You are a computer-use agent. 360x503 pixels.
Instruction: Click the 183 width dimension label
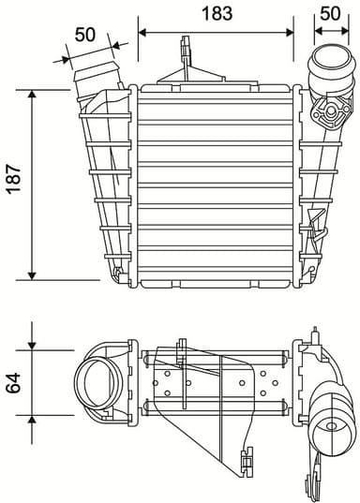coord(217,13)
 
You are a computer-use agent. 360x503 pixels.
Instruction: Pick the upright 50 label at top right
coord(329,13)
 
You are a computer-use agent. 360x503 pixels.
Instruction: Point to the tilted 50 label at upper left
coord(85,35)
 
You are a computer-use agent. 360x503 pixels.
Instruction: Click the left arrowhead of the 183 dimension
coord(142,31)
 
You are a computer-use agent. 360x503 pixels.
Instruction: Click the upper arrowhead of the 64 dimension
coord(33,348)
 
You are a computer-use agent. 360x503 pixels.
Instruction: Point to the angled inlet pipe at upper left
coord(97,80)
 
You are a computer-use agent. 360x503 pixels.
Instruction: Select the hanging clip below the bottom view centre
coord(247,463)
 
